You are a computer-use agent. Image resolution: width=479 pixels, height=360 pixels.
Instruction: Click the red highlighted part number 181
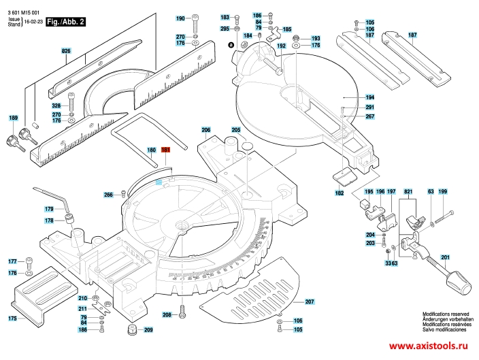coord(165,150)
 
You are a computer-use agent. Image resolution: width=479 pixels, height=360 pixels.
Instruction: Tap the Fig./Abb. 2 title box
coord(65,22)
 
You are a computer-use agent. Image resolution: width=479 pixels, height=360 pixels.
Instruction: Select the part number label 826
coord(66,51)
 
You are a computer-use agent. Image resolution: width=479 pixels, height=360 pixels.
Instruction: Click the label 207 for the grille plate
coord(310,301)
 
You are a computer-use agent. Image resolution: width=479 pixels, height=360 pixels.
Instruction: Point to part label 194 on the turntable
coord(369,97)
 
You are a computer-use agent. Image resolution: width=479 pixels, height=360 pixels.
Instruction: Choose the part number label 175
coord(12,318)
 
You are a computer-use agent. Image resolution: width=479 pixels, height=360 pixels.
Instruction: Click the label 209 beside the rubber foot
coord(148,330)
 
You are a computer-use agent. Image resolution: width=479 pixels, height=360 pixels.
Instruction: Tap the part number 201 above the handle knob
coord(446,258)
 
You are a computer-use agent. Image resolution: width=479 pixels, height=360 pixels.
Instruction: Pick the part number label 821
coord(408,192)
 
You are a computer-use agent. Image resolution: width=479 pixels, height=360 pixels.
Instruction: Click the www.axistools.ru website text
coord(428,346)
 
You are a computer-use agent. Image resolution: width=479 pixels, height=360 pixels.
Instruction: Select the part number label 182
coord(340,193)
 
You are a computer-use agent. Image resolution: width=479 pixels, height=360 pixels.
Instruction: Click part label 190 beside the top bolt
coord(180,18)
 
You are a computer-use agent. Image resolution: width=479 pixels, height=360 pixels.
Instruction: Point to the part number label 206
coord(206,130)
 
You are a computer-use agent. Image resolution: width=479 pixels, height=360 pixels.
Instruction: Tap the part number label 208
coord(167,314)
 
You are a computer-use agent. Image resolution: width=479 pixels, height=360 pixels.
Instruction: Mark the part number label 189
coord(13,118)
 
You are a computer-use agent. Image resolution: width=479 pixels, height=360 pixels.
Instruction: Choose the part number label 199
coord(443,192)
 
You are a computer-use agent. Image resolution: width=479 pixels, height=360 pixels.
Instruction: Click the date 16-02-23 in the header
coord(33,22)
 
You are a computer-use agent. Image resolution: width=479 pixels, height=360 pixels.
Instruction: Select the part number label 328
coord(56,105)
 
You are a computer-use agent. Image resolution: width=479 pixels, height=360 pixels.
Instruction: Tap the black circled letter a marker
coord(231,45)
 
